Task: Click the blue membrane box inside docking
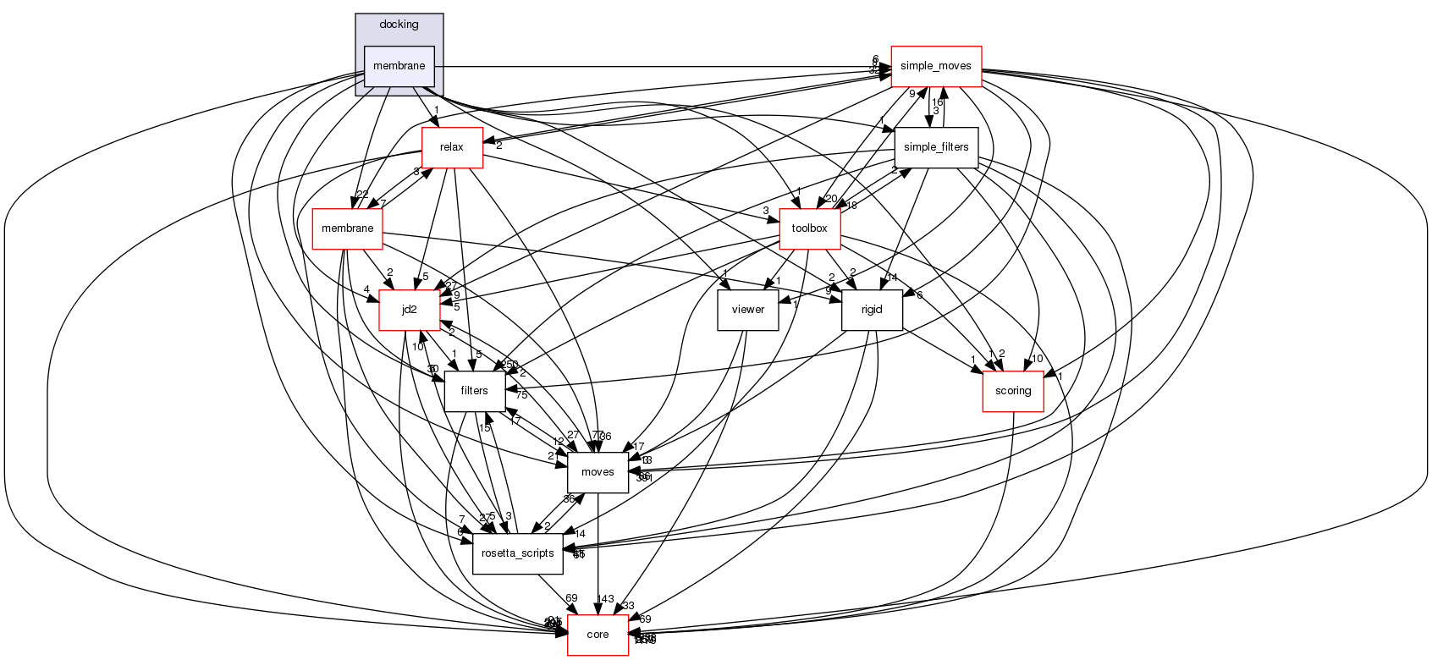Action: [x=399, y=66]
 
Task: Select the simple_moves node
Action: [x=935, y=66]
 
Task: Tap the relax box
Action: [x=452, y=147]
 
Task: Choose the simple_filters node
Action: [x=936, y=147]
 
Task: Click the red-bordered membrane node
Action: [x=347, y=228]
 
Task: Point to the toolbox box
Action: [x=809, y=228]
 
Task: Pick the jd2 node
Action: [x=410, y=310]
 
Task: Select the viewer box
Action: [x=748, y=310]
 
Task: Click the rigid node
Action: [x=872, y=310]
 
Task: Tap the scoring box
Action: [x=1013, y=391]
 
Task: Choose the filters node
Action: [x=475, y=391]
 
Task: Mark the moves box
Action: [x=598, y=472]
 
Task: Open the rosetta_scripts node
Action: [x=517, y=553]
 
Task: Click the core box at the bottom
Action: [x=598, y=635]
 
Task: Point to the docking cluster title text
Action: [x=399, y=25]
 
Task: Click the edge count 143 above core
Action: [x=605, y=599]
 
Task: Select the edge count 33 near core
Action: [x=628, y=606]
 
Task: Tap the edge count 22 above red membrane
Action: [x=362, y=195]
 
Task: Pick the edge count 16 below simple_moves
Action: [x=938, y=102]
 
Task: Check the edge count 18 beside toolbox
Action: [x=851, y=206]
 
